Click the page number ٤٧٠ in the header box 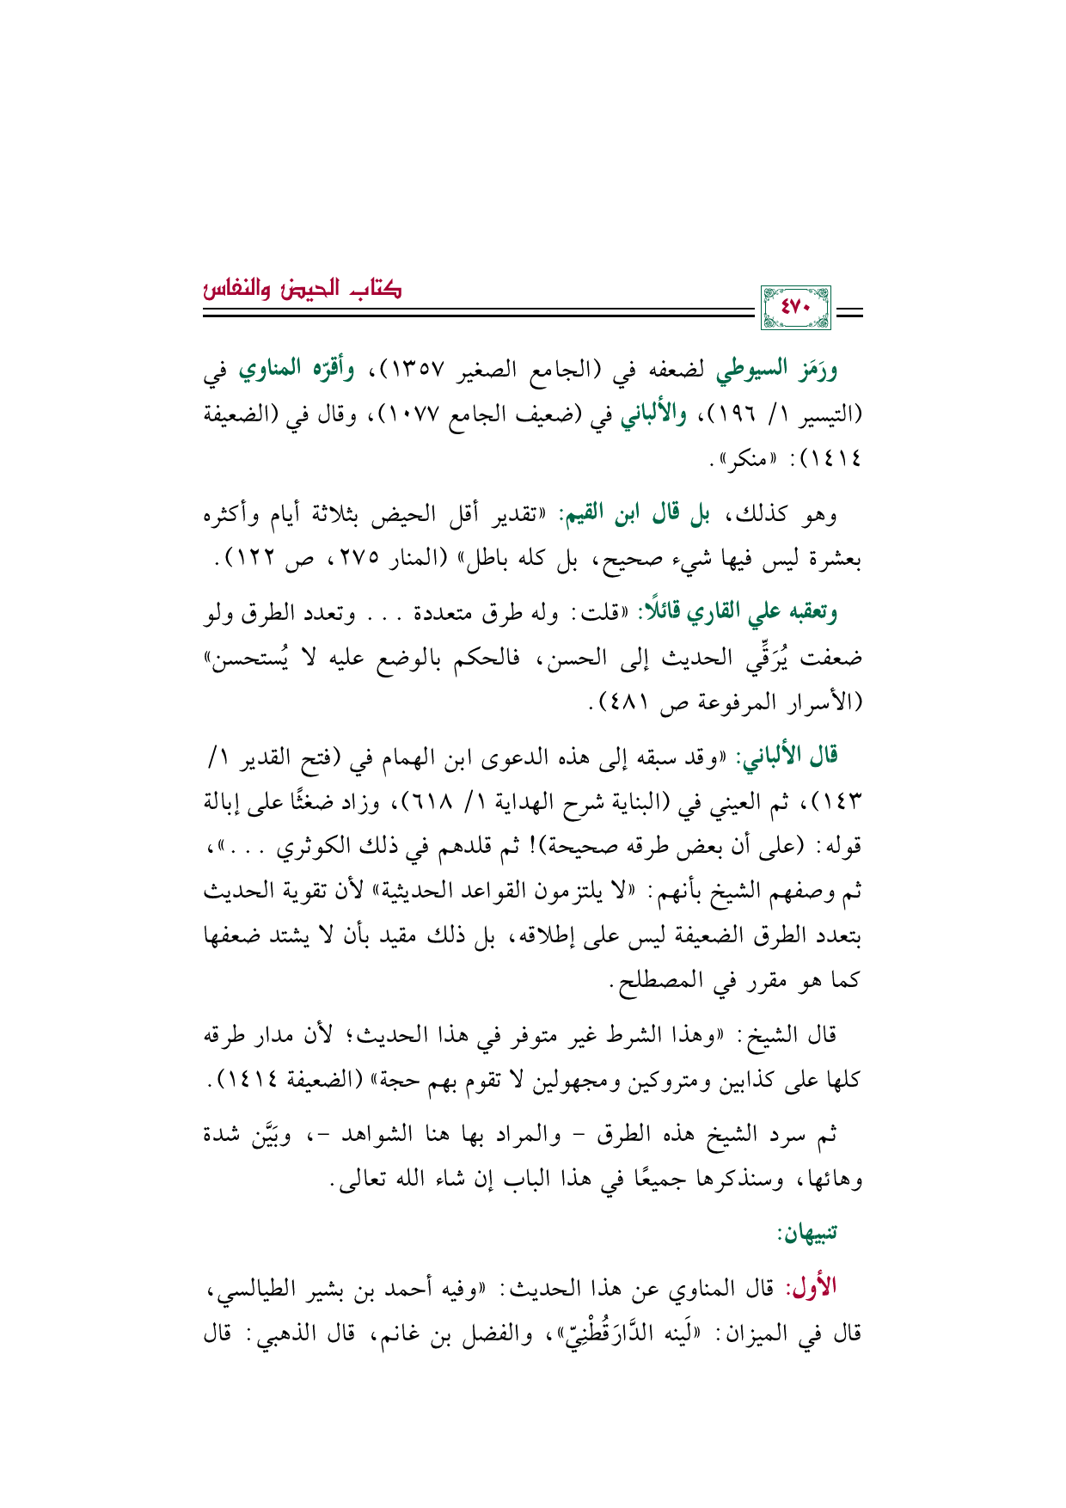tap(794, 308)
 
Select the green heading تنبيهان tap(806, 1234)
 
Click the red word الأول tap(811, 1289)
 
